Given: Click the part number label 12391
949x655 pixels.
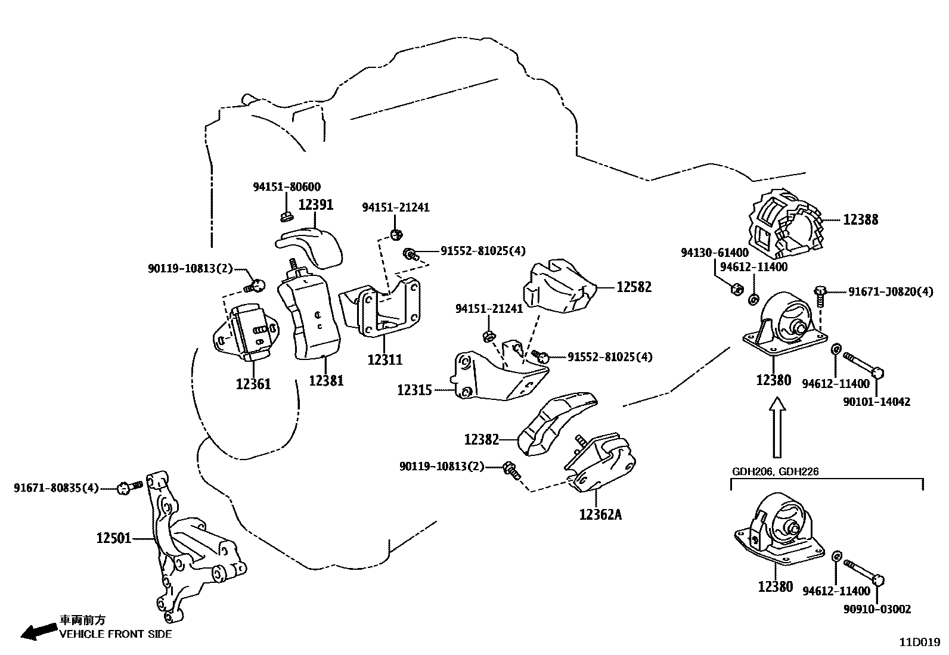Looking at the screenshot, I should pyautogui.click(x=315, y=205).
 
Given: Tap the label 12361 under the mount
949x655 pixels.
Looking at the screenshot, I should pyautogui.click(x=253, y=384).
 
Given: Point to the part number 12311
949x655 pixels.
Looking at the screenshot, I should pyautogui.click(x=384, y=360).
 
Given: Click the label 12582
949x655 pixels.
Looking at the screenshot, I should pyautogui.click(x=634, y=287).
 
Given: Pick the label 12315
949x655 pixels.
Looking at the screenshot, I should pyautogui.click(x=414, y=390).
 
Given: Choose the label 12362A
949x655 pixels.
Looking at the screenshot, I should pyautogui.click(x=600, y=514).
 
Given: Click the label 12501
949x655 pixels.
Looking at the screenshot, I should pyautogui.click(x=113, y=539).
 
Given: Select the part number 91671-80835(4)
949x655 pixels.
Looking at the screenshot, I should pyautogui.click(x=56, y=488).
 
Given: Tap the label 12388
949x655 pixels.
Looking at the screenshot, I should pyautogui.click(x=860, y=220).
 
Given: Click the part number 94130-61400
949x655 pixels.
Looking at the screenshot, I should pyautogui.click(x=715, y=253).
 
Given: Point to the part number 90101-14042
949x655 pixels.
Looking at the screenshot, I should pyautogui.click(x=876, y=402).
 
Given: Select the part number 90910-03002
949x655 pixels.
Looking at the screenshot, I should pyautogui.click(x=876, y=609).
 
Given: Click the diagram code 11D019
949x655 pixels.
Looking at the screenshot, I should pyautogui.click(x=920, y=642).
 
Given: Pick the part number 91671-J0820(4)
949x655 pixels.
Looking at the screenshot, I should pyautogui.click(x=891, y=292).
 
